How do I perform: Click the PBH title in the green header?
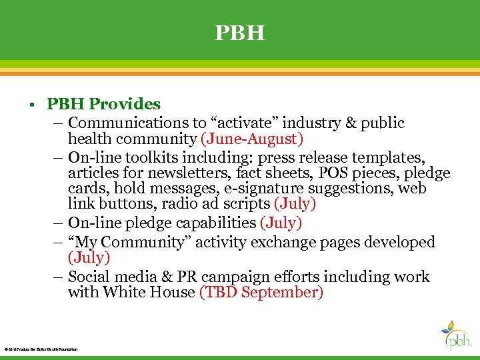[239, 33]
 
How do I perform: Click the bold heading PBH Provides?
[103, 104]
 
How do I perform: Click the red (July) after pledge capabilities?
[281, 223]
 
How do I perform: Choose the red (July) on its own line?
[89, 257]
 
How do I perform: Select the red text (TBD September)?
[261, 292]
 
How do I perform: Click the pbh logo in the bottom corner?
[457, 335]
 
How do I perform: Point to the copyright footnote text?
[41, 349]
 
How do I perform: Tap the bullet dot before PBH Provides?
[33, 105]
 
